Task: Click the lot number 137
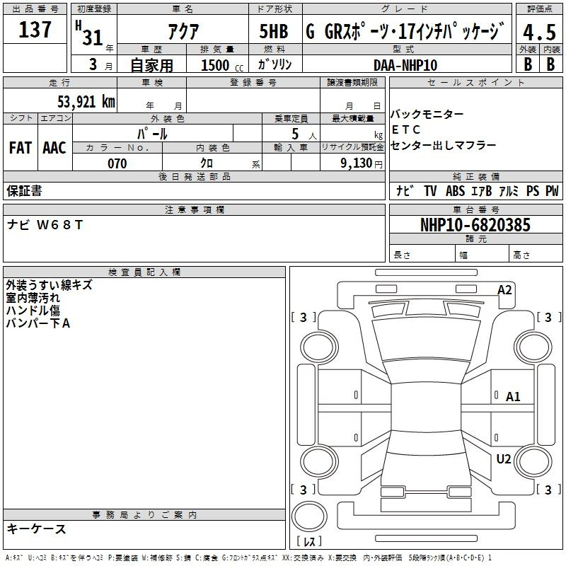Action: click(35, 29)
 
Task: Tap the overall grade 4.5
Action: click(539, 32)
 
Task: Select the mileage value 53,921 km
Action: click(86, 102)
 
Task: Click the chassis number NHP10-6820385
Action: click(475, 225)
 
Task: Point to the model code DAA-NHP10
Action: click(405, 65)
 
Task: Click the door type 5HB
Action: click(274, 31)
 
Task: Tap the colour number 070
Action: click(117, 163)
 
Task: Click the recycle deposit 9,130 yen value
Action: click(362, 163)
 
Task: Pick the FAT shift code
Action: click(21, 148)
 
